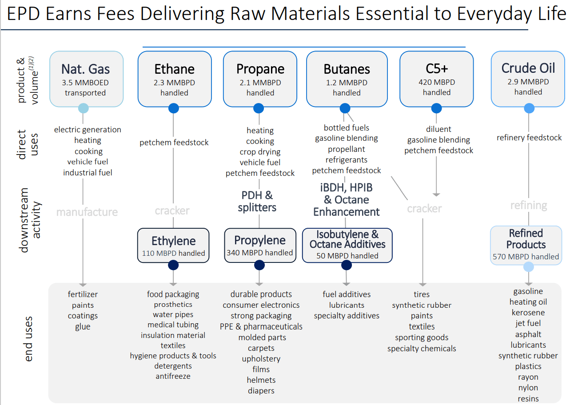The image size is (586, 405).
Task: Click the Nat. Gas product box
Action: (x=86, y=79)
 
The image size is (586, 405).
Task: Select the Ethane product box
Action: (x=174, y=79)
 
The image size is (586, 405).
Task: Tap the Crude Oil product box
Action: (x=528, y=79)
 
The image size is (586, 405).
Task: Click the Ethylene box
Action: (x=173, y=245)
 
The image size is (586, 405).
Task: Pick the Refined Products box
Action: (x=526, y=245)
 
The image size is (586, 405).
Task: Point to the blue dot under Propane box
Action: (x=259, y=108)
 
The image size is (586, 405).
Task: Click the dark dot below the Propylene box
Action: (x=259, y=265)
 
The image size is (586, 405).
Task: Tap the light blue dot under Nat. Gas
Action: (x=83, y=108)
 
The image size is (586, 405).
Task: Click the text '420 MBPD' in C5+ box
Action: (x=437, y=82)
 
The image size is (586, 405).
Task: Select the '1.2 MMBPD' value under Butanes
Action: (x=347, y=83)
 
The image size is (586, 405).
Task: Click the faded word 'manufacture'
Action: (x=87, y=212)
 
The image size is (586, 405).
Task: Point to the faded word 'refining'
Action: (x=529, y=205)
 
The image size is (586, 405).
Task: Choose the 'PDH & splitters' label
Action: (x=257, y=201)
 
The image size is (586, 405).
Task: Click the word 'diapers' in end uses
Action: (x=261, y=391)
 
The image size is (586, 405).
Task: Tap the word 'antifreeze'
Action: (x=173, y=376)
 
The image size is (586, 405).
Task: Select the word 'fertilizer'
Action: (x=83, y=294)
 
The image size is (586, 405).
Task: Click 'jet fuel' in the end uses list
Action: (x=528, y=323)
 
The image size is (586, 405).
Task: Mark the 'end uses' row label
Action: (x=28, y=338)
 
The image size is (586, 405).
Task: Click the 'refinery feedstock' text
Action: (x=529, y=138)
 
